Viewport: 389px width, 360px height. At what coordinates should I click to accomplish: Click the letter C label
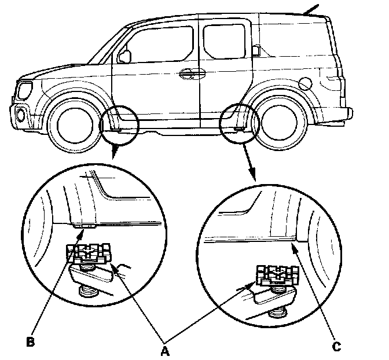click(336, 347)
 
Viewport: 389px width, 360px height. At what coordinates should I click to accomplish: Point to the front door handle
click(188, 74)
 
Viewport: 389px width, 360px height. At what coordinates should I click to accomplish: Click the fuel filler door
click(306, 83)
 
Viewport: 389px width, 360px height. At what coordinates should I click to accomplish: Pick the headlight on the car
click(25, 90)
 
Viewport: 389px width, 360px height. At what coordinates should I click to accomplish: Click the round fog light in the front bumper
click(21, 115)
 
